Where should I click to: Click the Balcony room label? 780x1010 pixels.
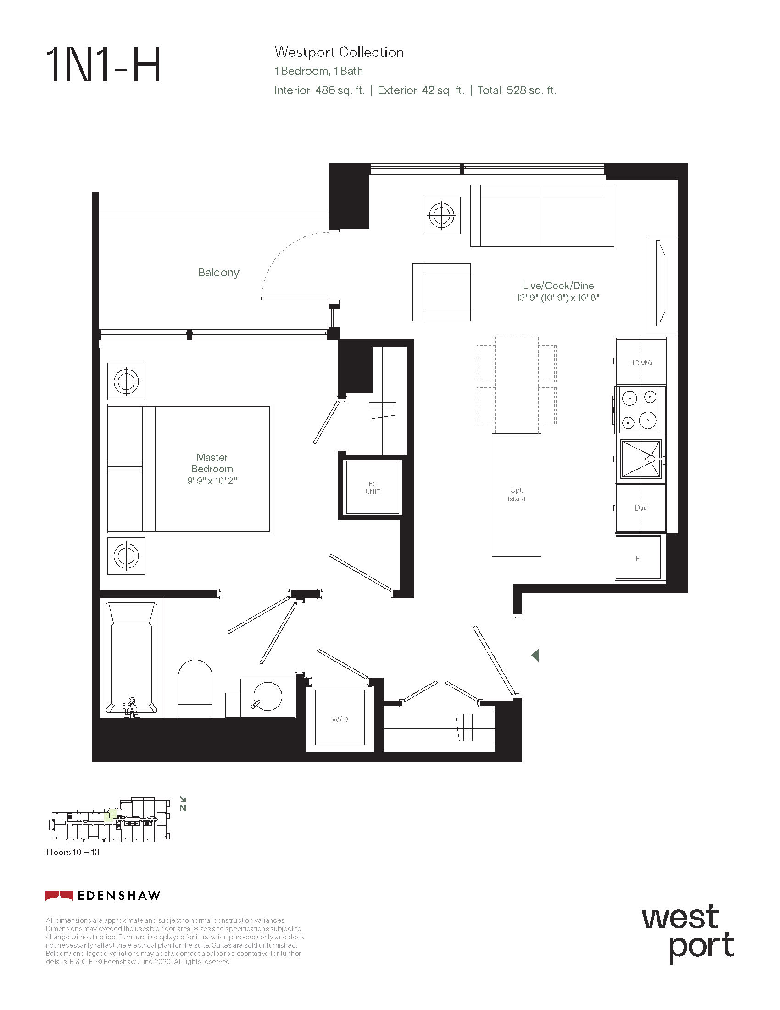point(218,273)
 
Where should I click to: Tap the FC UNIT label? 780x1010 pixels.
point(373,488)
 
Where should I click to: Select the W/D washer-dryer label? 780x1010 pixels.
point(340,719)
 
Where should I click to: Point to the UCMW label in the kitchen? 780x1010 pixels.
point(641,363)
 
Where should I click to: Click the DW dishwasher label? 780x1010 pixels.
point(641,508)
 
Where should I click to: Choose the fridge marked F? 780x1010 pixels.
point(638,558)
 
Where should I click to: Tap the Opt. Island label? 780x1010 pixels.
point(517,494)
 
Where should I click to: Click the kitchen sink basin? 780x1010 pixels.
point(641,459)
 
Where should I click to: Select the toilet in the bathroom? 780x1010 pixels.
point(195,689)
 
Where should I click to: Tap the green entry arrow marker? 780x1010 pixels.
point(535,655)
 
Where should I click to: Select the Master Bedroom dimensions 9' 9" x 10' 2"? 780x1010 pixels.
point(212,481)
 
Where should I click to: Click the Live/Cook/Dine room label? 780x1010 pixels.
point(558,286)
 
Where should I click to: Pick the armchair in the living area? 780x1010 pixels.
point(441,292)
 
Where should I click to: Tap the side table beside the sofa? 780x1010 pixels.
point(442,215)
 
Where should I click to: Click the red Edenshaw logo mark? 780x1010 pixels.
point(59,896)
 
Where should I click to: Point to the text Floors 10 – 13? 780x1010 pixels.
point(72,853)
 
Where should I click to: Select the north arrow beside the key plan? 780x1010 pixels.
point(183,804)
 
